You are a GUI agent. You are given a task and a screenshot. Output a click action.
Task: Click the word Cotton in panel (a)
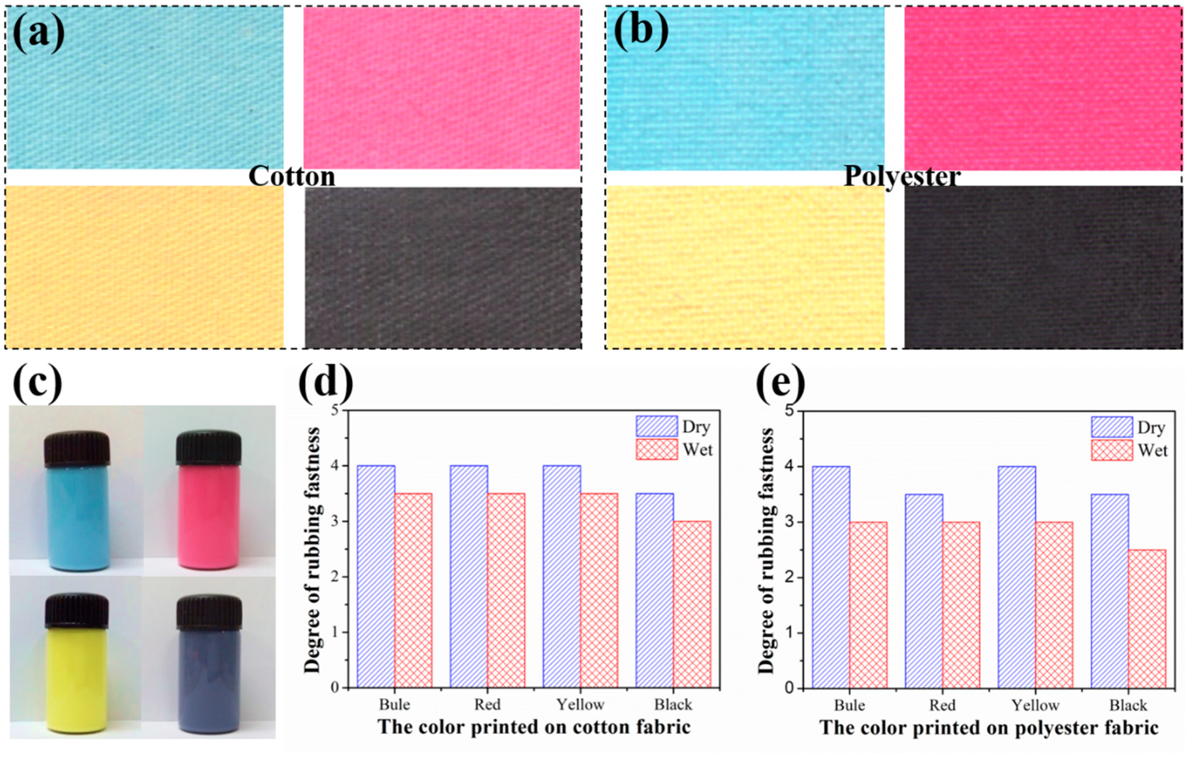click(x=292, y=176)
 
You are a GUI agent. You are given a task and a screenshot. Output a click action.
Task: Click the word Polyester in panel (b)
click(x=902, y=176)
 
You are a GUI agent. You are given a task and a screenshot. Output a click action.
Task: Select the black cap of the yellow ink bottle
click(x=77, y=611)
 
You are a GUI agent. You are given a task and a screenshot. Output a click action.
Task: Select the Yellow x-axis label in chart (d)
click(x=580, y=705)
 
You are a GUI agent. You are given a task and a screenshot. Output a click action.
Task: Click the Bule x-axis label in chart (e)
click(x=849, y=705)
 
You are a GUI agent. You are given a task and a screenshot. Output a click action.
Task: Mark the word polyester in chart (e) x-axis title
click(x=1058, y=728)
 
